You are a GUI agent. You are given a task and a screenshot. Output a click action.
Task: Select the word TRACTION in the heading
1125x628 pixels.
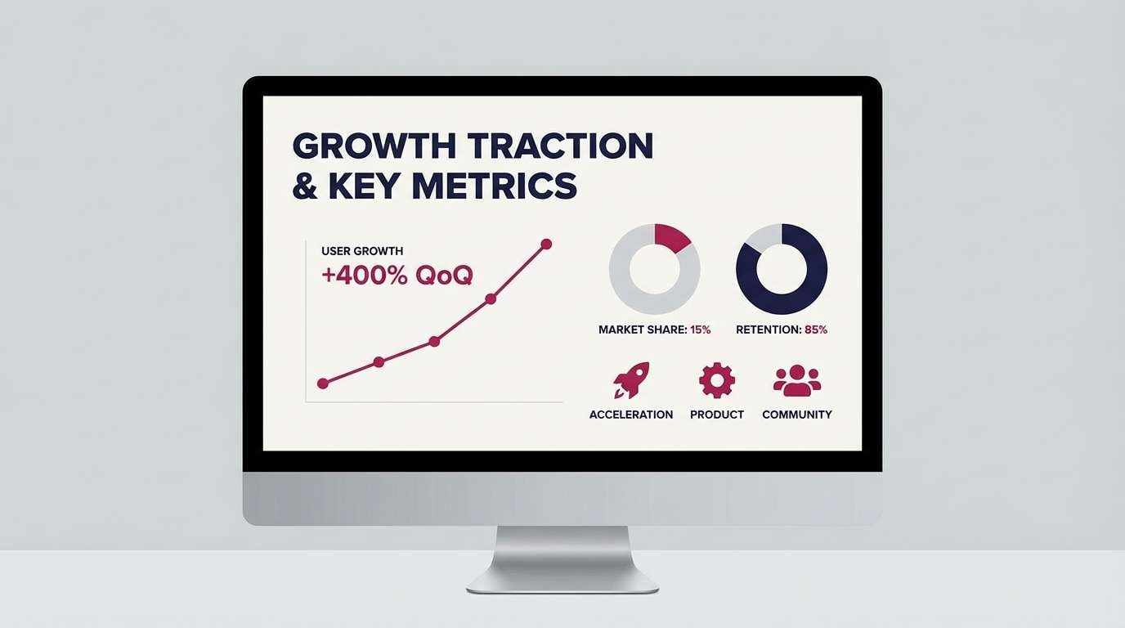pos(561,146)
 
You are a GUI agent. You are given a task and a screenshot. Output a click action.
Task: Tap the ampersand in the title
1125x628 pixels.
pos(305,186)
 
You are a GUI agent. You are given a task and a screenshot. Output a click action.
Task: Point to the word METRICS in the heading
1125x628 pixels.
pos(494,186)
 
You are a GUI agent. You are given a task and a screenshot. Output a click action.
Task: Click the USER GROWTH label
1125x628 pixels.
pos(362,251)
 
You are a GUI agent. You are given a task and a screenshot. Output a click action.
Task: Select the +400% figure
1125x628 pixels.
pos(365,276)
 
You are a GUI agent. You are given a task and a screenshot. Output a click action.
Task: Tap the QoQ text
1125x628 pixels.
pos(444,276)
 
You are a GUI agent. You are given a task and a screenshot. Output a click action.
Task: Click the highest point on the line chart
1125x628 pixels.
pos(546,244)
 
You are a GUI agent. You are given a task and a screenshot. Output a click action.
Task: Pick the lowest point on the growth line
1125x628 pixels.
pos(322,383)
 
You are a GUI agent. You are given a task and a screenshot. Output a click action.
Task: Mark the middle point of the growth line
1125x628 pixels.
pos(434,341)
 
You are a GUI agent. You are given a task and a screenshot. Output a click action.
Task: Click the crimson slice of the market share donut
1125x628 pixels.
pos(673,236)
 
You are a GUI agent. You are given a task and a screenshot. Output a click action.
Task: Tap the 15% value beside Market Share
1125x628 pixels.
pos(701,330)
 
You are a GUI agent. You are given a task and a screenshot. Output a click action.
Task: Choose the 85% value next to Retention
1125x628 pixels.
pos(816,330)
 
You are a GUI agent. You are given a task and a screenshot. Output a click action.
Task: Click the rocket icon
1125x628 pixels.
pos(631,380)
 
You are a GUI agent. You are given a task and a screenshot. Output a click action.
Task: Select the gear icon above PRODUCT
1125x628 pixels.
pos(717,380)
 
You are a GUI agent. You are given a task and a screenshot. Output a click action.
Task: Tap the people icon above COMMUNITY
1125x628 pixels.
pos(797,381)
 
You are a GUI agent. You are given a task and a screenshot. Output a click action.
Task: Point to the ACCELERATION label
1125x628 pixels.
pos(631,415)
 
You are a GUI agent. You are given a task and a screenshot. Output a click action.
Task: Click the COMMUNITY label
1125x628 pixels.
pos(797,415)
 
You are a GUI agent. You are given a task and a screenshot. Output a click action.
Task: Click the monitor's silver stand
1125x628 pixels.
pos(562,560)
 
